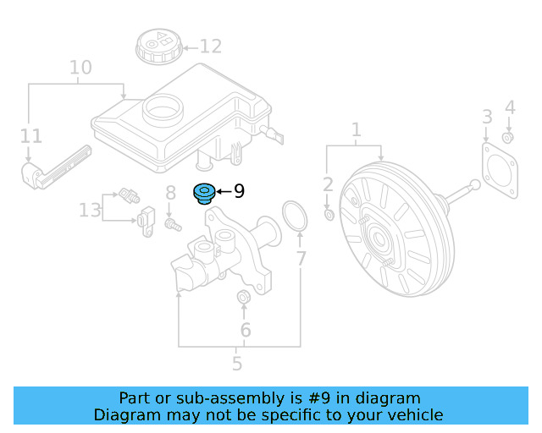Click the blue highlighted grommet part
tap(204, 194)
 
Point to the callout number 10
tap(80, 67)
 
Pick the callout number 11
tap(30, 135)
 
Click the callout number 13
tap(90, 209)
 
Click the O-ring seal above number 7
tap(293, 216)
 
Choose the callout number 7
tap(301, 260)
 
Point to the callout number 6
tap(245, 330)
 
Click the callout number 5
tap(237, 364)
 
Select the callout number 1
tap(357, 129)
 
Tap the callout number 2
tap(329, 185)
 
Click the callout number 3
tap(487, 116)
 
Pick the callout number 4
tap(509, 107)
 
